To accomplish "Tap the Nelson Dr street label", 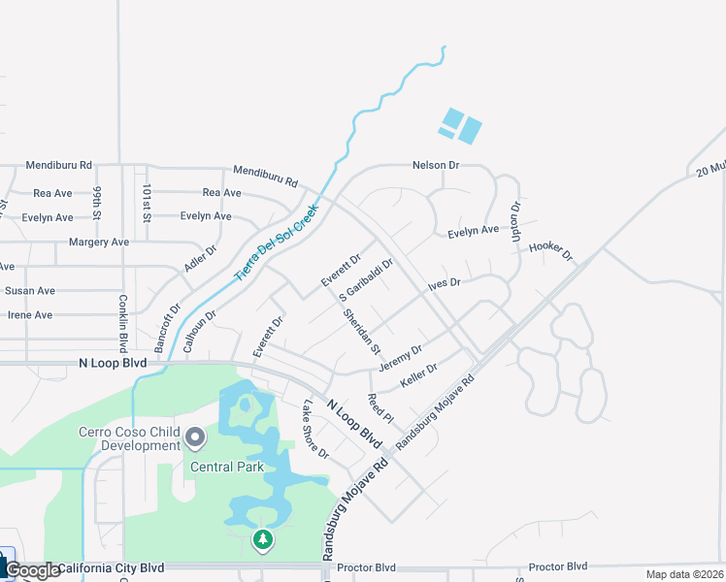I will (x=435, y=165).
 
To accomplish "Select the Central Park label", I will (x=227, y=467).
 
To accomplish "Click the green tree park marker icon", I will (x=262, y=538).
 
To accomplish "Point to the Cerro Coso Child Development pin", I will (x=195, y=438).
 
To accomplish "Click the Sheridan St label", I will (x=361, y=331).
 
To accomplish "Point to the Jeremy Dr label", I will (x=400, y=358).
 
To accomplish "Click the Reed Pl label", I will (x=379, y=408).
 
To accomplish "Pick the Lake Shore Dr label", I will (x=315, y=430).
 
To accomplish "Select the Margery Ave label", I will (x=98, y=242).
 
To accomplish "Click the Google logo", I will (x=32, y=570).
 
